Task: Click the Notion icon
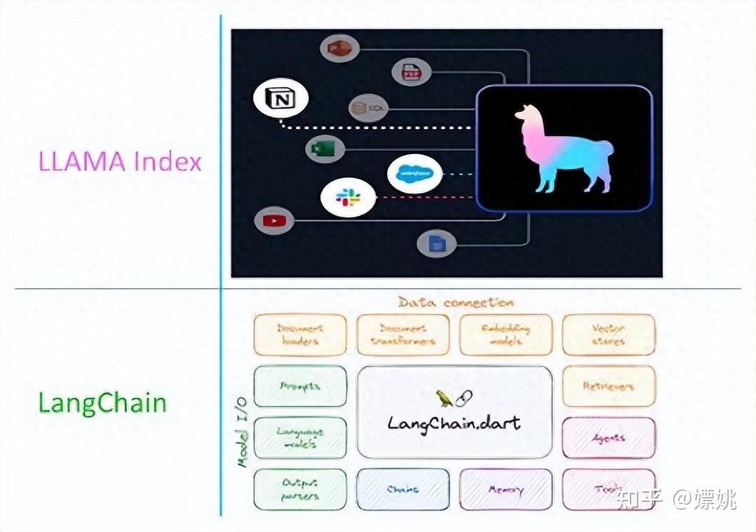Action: pos(280,99)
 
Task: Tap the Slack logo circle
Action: pos(347,198)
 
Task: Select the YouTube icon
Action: pos(275,220)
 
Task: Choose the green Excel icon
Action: pos(325,149)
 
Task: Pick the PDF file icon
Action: pos(412,71)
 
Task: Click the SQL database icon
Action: pos(368,108)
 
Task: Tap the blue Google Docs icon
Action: pos(436,244)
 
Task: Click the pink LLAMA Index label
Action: pos(120,161)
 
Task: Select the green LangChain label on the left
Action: pos(102,403)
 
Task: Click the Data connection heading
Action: pos(455,302)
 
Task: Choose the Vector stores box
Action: pos(608,334)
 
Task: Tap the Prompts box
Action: pos(300,386)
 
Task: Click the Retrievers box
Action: pos(608,386)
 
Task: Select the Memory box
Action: pos(505,489)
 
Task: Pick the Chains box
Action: pos(403,489)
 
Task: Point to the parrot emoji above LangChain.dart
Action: pos(444,398)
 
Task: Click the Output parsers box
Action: pos(300,489)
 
